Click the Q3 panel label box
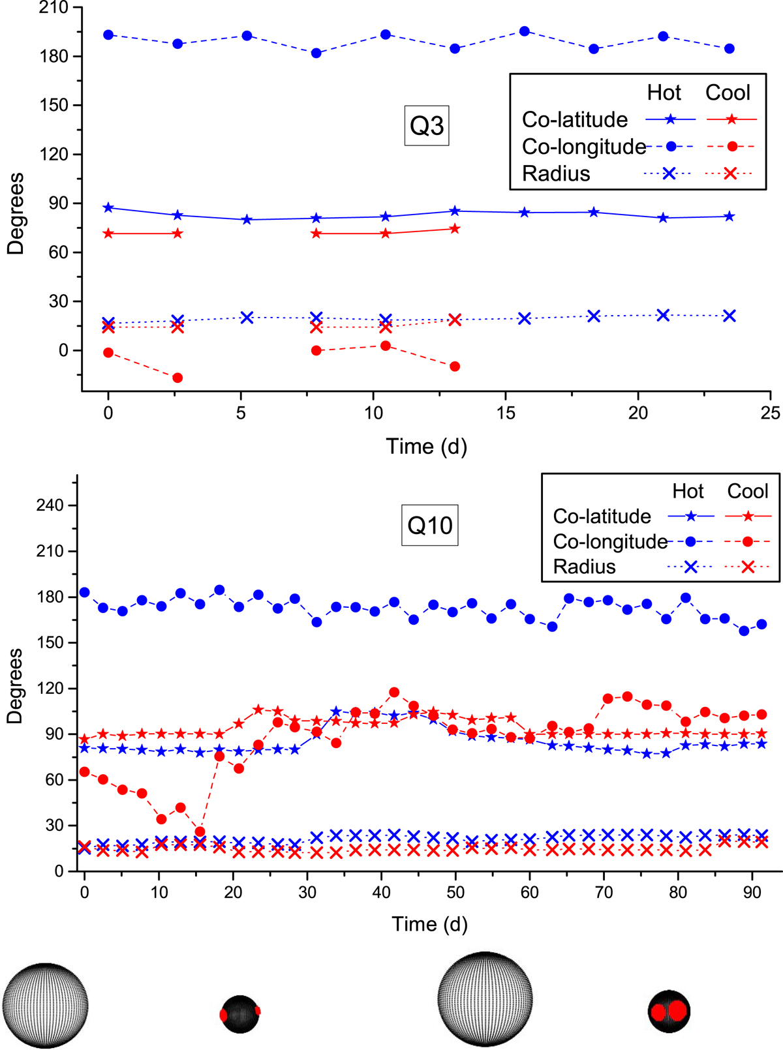tap(427, 125)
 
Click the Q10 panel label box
tap(429, 525)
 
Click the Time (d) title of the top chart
tap(427, 447)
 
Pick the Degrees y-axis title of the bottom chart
tap(14, 685)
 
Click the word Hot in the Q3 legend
tap(664, 93)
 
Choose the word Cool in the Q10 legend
tap(748, 491)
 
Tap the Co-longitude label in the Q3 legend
tap(583, 147)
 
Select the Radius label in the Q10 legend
tap(584, 567)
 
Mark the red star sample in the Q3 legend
tap(731, 119)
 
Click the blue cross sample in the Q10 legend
tap(690, 567)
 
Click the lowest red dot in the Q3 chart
tap(177, 378)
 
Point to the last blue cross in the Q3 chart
tap(729, 316)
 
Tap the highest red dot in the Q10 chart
tap(394, 692)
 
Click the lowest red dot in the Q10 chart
tap(200, 832)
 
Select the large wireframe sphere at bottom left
tap(45, 1005)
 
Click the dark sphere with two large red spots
tap(669, 1012)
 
